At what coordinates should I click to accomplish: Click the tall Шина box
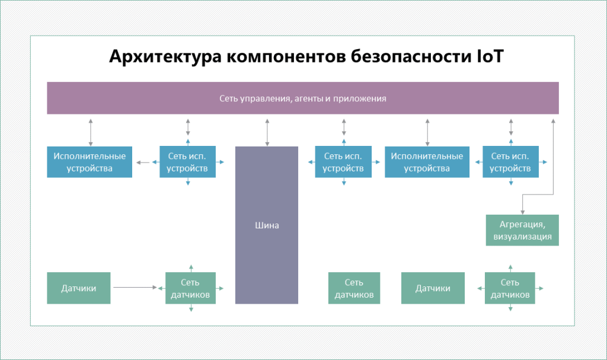click(x=267, y=225)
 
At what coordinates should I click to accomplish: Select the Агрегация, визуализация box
click(x=522, y=231)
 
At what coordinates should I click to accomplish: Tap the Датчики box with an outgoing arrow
click(x=79, y=288)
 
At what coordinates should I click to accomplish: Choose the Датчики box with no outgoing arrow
click(x=433, y=288)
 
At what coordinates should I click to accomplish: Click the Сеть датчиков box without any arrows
click(x=354, y=288)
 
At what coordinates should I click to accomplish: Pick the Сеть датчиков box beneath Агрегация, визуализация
click(x=510, y=288)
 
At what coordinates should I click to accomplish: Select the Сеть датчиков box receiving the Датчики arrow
click(x=190, y=288)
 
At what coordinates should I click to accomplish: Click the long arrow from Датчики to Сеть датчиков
click(x=135, y=288)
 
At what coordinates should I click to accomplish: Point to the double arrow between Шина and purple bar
click(x=267, y=132)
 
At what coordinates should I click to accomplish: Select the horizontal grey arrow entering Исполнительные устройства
click(x=142, y=162)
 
